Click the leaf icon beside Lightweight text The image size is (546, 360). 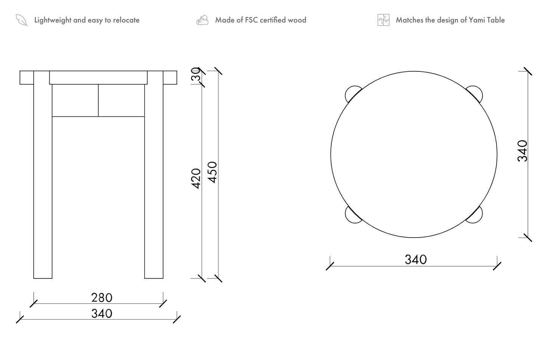pos(22,20)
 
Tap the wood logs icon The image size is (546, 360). pos(202,20)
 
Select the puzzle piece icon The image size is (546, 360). pos(384,20)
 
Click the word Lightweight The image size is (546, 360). pos(53,20)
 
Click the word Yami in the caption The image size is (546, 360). pos(476,20)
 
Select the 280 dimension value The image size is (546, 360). pos(102,298)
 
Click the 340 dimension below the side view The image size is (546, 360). pos(102,314)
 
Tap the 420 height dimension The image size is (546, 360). pos(196,179)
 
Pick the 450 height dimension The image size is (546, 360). pos(212,172)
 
